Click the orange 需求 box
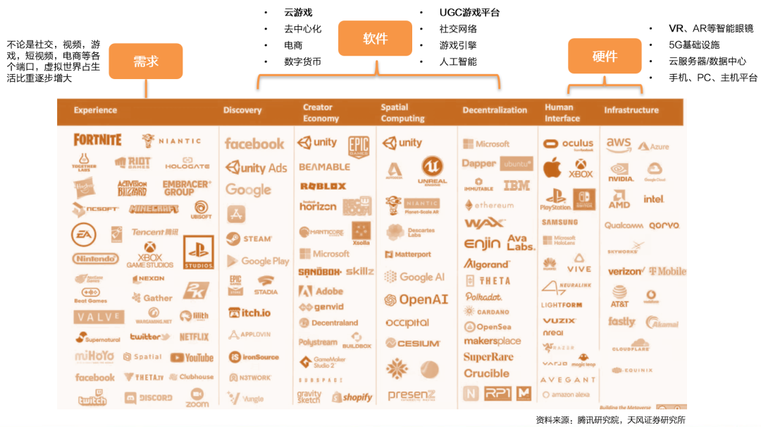[146, 61]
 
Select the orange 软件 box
[375, 39]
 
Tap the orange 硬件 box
[605, 56]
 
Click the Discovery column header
[242, 110]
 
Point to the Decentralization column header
[495, 110]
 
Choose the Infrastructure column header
[631, 110]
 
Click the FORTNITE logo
[98, 140]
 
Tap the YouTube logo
[192, 358]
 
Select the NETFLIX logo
[194, 337]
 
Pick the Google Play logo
[258, 261]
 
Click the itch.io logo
[249, 313]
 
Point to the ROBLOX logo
[323, 186]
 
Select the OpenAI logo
[416, 300]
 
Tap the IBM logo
[516, 186]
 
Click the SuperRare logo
[488, 357]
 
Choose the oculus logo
[569, 144]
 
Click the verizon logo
[625, 272]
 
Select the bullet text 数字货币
[302, 62]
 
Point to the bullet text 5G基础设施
[694, 45]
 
